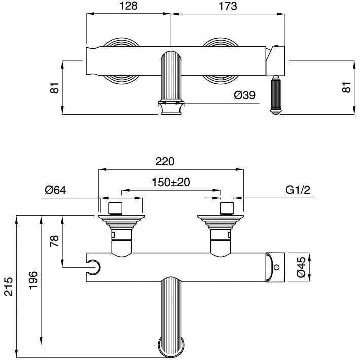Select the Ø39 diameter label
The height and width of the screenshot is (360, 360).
click(x=244, y=95)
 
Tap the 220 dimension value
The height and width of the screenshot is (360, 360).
click(x=165, y=162)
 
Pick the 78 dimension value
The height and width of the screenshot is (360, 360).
click(x=55, y=240)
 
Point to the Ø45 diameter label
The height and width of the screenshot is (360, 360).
click(x=300, y=267)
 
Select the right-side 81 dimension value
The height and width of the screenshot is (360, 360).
click(x=347, y=87)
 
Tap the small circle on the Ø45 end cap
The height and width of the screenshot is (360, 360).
click(x=277, y=266)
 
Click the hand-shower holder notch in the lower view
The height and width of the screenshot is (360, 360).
click(x=93, y=264)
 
